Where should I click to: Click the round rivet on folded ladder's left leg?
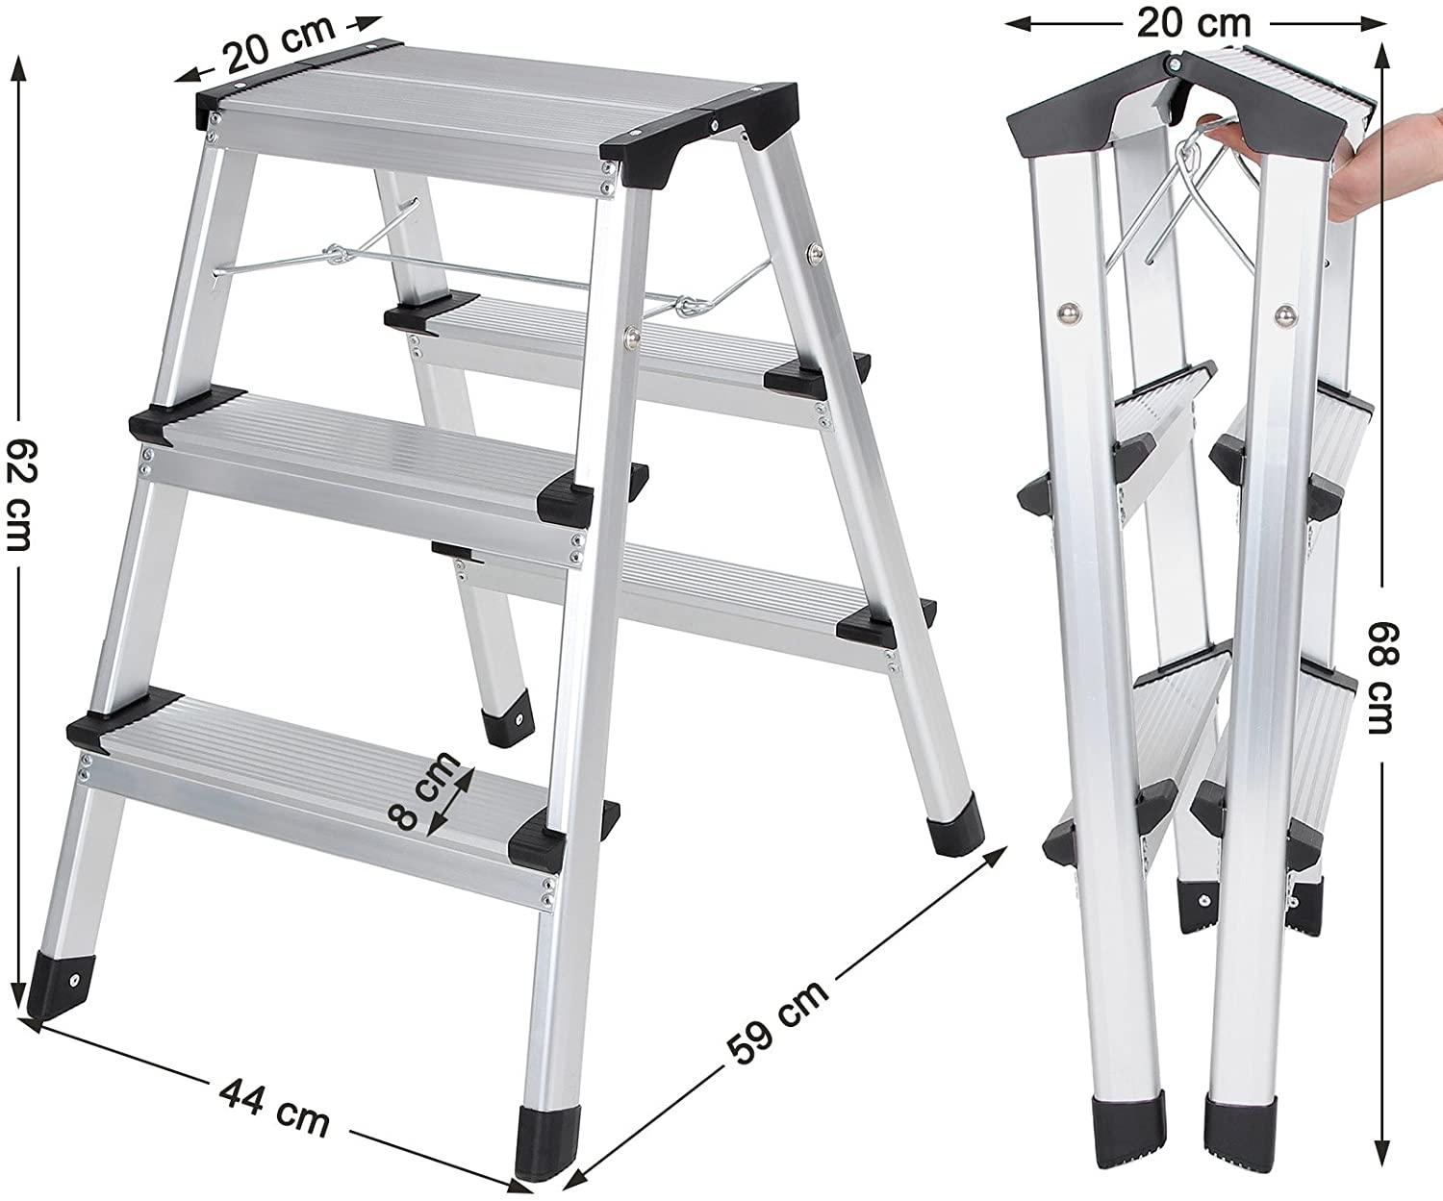click(x=1069, y=313)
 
